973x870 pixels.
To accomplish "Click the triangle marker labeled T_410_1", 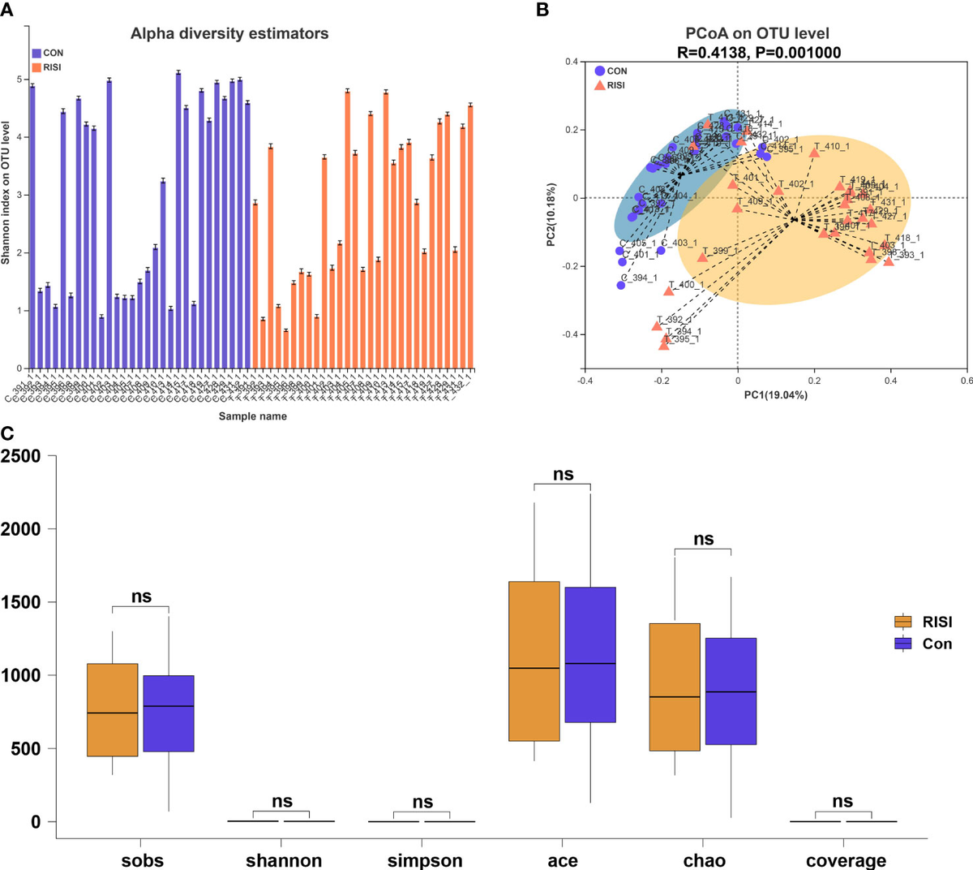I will (x=814, y=153).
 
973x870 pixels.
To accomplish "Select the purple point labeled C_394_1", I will (x=621, y=285).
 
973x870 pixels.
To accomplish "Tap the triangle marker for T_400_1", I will (x=669, y=291).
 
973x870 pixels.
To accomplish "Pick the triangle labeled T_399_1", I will (x=702, y=257).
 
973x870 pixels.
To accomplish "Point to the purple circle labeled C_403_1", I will (x=661, y=250).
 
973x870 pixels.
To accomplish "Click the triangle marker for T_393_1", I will (x=889, y=261).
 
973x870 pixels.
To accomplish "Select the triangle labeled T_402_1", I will (x=778, y=191).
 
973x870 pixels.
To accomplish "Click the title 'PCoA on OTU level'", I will (x=759, y=34).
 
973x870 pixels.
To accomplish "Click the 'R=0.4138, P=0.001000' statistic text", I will (x=759, y=53).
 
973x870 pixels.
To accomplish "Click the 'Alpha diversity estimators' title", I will (x=229, y=34).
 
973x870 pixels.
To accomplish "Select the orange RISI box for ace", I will (x=534, y=661).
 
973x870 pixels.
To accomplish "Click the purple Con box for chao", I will (x=731, y=691).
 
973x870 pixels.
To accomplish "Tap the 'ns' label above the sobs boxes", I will (x=141, y=597).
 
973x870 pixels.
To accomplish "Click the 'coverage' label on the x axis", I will (x=845, y=860).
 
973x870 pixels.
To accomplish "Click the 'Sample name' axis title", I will (x=252, y=416).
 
